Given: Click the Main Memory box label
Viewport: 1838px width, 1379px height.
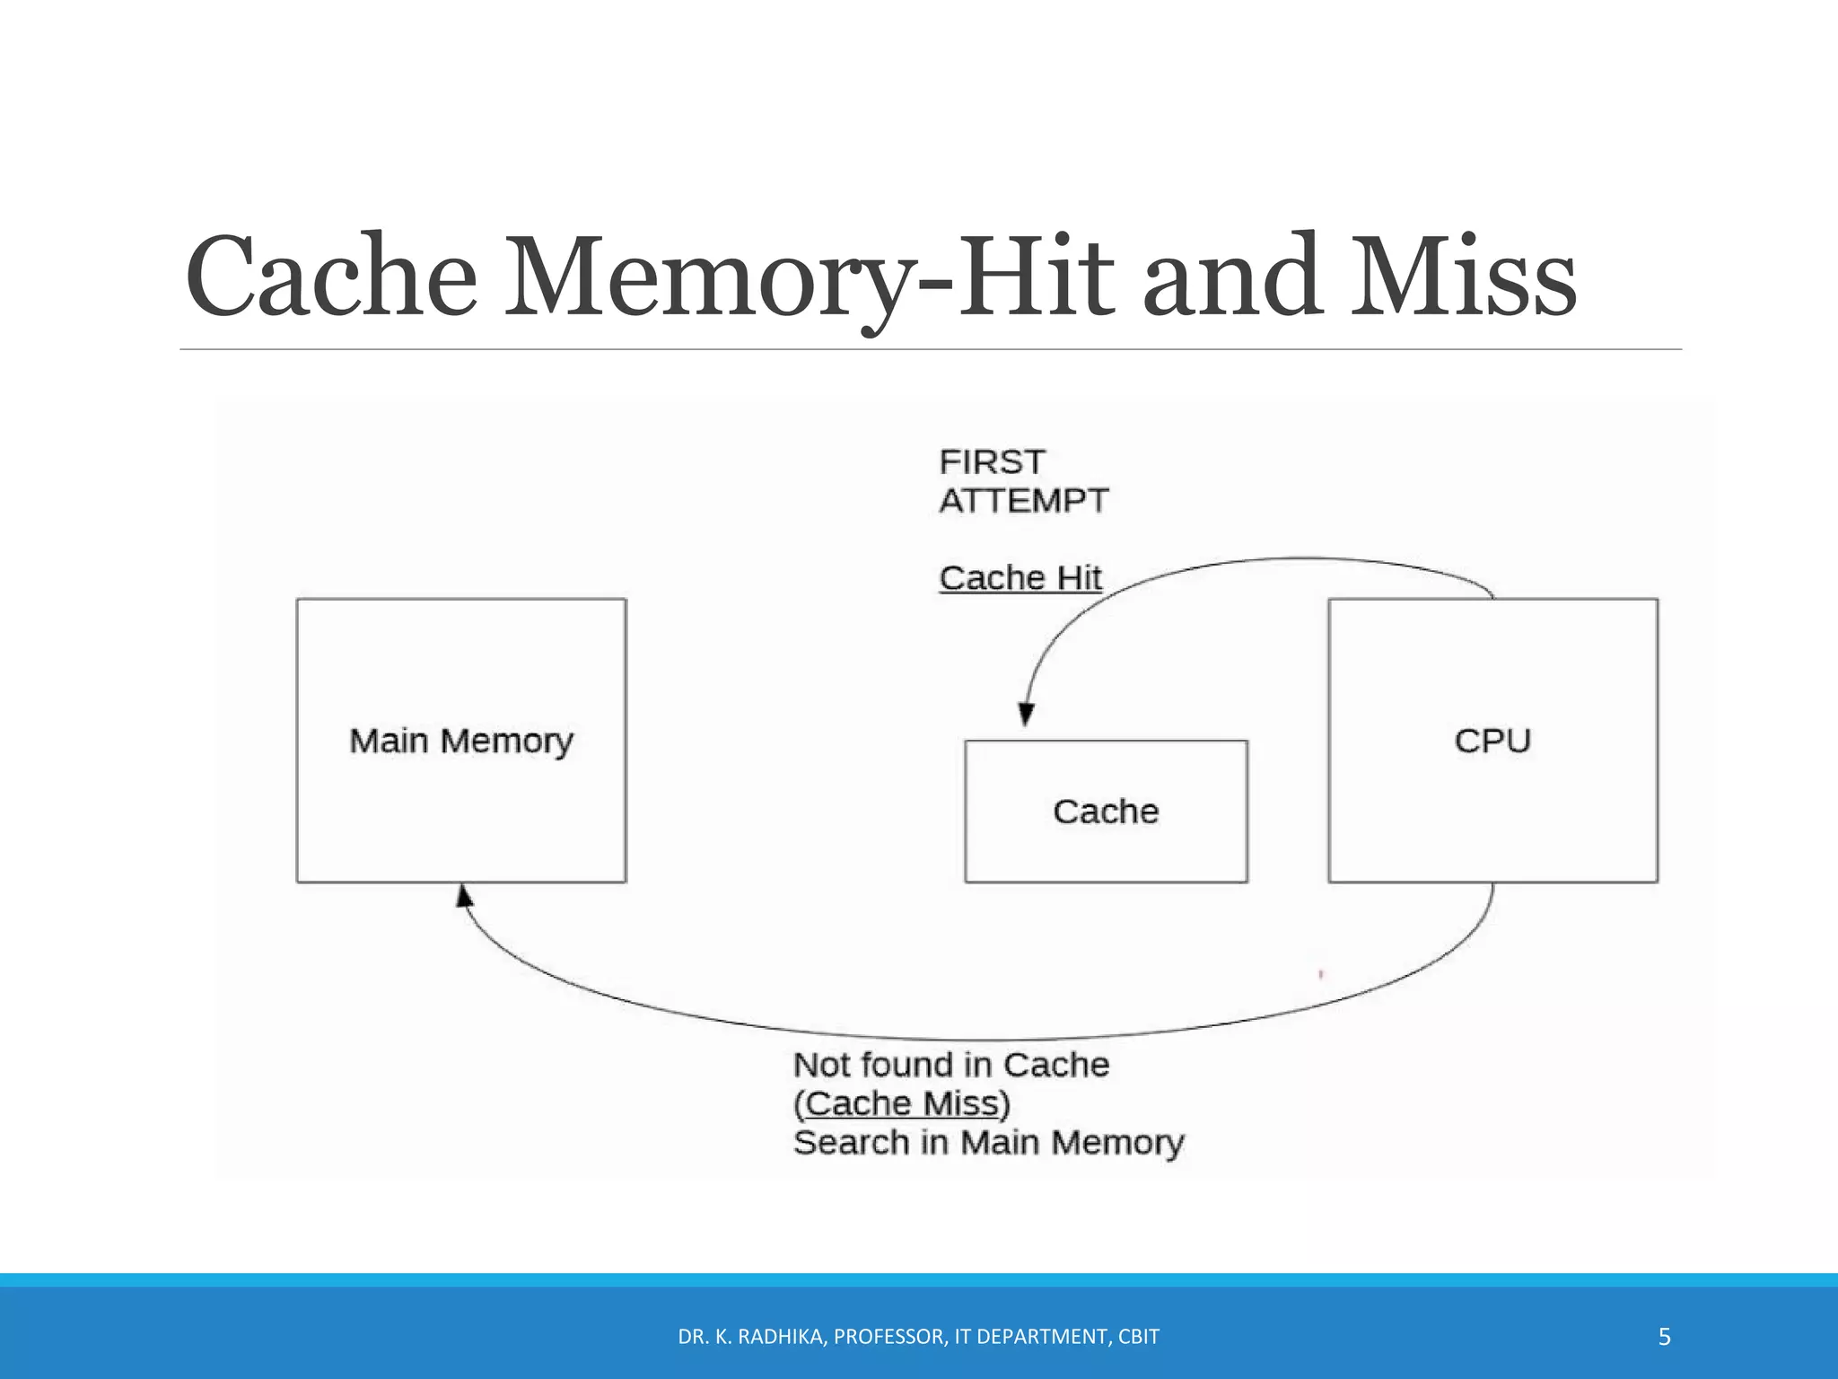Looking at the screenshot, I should coord(461,742).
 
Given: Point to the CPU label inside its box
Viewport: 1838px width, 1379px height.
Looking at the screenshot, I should coord(1492,742).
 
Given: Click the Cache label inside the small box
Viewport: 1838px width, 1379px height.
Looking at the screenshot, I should coord(1106,812).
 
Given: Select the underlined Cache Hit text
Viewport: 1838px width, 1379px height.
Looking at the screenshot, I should coord(1020,578).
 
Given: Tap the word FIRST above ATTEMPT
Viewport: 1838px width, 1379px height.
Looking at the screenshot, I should coord(992,462).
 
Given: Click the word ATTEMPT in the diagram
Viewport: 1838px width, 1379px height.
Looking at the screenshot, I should coord(1024,501).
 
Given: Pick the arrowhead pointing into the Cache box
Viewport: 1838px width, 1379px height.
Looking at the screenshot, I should coord(1027,715).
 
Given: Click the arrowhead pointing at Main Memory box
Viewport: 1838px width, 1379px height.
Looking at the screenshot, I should coord(464,895).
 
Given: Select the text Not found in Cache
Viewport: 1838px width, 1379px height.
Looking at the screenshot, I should coord(951,1065).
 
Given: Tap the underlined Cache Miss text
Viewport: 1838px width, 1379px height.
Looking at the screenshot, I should coord(902,1103).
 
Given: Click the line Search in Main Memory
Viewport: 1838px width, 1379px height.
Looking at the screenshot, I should coord(988,1143).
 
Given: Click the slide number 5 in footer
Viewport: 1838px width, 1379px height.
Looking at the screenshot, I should coord(1664,1337).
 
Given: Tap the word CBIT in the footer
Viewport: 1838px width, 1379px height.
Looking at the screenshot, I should coord(1139,1337).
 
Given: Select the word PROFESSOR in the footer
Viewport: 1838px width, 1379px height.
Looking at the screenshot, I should coord(888,1337).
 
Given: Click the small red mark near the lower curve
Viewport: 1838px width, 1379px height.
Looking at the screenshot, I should coord(1321,974).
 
